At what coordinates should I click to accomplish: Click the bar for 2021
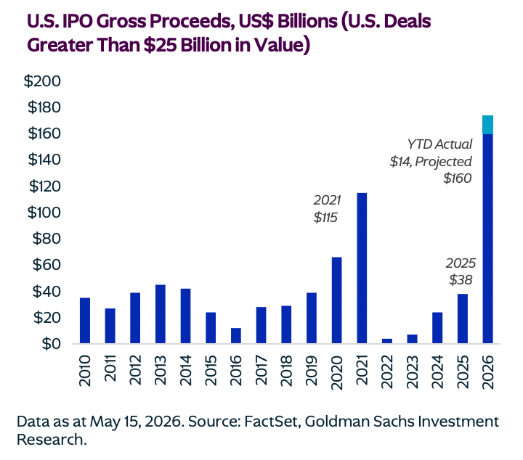[362, 268]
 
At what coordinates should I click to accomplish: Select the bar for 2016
[236, 336]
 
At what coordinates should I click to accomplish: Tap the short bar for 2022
[387, 341]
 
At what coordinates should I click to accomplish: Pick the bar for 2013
[161, 314]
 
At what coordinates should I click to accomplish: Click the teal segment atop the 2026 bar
[487, 125]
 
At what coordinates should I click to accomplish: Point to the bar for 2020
[336, 300]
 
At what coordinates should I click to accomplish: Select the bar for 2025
[462, 319]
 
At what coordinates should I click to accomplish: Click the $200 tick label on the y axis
[42, 81]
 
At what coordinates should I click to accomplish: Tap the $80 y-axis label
[46, 239]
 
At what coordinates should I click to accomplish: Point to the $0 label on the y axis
[52, 344]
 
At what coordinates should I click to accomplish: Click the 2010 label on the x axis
[85, 371]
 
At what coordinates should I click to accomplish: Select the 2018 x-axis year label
[286, 371]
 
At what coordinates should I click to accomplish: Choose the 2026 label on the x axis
[487, 371]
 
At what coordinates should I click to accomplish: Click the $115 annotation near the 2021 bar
[325, 218]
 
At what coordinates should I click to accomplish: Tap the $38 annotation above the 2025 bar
[461, 280]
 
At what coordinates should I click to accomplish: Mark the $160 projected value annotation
[458, 178]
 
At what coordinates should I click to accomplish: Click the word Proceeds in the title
[190, 21]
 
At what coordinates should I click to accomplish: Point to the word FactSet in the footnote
[270, 422]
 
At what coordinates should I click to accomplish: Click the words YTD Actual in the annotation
[439, 144]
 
